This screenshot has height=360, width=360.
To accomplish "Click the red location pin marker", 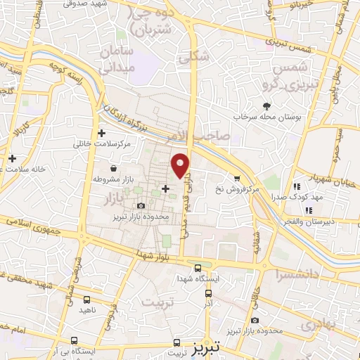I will coord(181,165).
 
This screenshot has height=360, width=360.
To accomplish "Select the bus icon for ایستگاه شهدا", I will coord(198,267).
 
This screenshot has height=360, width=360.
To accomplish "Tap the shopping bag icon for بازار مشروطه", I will coord(114,169).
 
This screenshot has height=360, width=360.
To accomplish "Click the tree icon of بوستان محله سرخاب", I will coord(266,105).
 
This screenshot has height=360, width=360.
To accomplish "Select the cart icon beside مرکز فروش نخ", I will coord(237,179).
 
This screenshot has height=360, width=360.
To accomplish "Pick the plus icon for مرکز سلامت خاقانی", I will coord(102,133).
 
